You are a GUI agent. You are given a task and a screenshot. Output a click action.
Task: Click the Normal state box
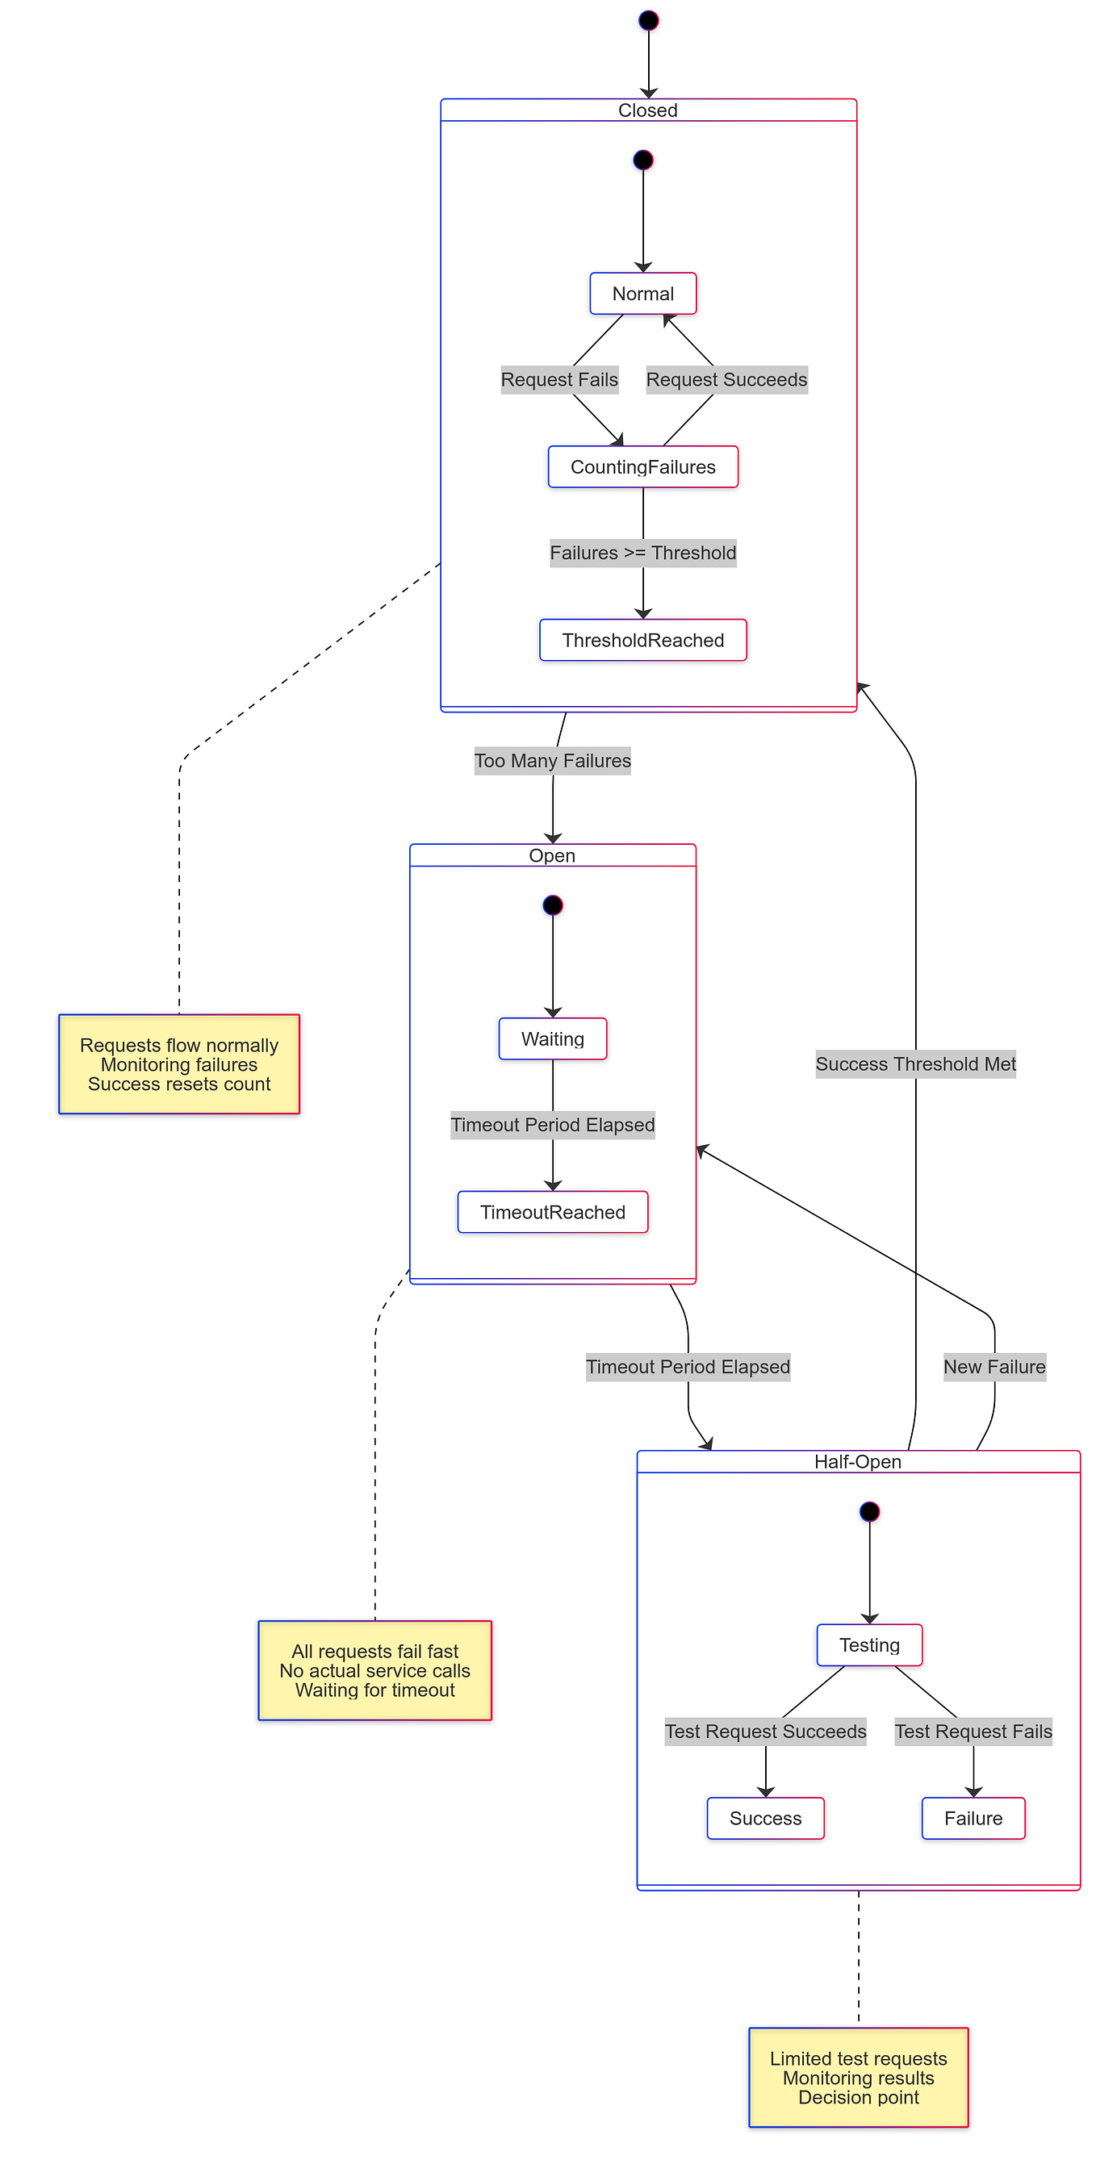click(643, 294)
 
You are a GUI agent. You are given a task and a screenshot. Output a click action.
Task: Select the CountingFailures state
click(643, 466)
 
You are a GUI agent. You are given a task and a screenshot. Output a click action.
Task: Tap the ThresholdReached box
click(643, 640)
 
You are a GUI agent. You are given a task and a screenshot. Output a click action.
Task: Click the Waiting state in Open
click(552, 1038)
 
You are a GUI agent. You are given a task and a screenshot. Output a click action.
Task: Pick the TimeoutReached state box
click(552, 1212)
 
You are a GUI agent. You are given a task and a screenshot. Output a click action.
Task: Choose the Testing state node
click(869, 1645)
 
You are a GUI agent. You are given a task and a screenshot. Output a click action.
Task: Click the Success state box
click(765, 1818)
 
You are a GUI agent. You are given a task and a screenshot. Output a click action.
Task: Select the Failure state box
click(973, 1818)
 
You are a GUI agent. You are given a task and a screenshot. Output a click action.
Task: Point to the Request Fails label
click(559, 379)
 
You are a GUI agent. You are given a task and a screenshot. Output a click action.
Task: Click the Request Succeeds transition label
click(726, 379)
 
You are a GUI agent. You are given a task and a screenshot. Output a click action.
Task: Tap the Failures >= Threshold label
click(643, 553)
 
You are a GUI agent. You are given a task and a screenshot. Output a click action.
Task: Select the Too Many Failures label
click(552, 760)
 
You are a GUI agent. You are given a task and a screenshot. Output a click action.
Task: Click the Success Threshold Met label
click(915, 1064)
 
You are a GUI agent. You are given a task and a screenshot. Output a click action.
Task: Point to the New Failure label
click(994, 1367)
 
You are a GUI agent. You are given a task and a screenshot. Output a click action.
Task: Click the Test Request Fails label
click(973, 1732)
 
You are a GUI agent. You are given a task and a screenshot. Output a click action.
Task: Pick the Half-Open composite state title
click(857, 1461)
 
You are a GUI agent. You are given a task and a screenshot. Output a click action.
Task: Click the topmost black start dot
click(649, 20)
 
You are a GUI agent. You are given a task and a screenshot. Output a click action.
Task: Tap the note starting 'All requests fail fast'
click(374, 1670)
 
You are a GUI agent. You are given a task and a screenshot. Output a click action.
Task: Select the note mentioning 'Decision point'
click(858, 2078)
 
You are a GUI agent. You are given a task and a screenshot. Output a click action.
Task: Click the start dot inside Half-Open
click(869, 1511)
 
